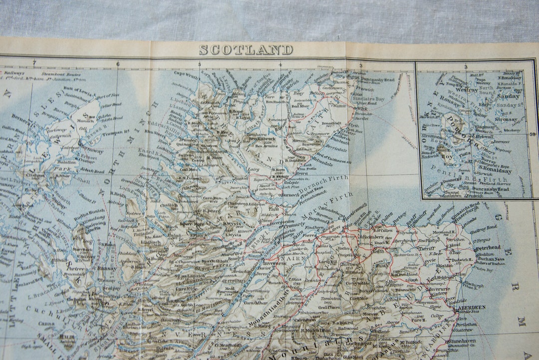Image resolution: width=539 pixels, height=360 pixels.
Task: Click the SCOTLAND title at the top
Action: point(246,50)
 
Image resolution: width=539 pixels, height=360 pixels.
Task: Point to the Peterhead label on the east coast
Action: point(487,247)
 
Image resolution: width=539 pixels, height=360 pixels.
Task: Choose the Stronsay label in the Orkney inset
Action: point(506,119)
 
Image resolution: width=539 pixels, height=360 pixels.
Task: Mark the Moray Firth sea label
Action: point(325,205)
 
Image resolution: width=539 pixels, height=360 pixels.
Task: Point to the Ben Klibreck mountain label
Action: point(263,139)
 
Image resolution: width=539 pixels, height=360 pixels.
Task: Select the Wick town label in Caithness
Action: point(362,108)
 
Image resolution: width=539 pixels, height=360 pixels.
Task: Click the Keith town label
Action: point(379,251)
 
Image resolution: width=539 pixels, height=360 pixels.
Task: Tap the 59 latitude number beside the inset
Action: point(532,134)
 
